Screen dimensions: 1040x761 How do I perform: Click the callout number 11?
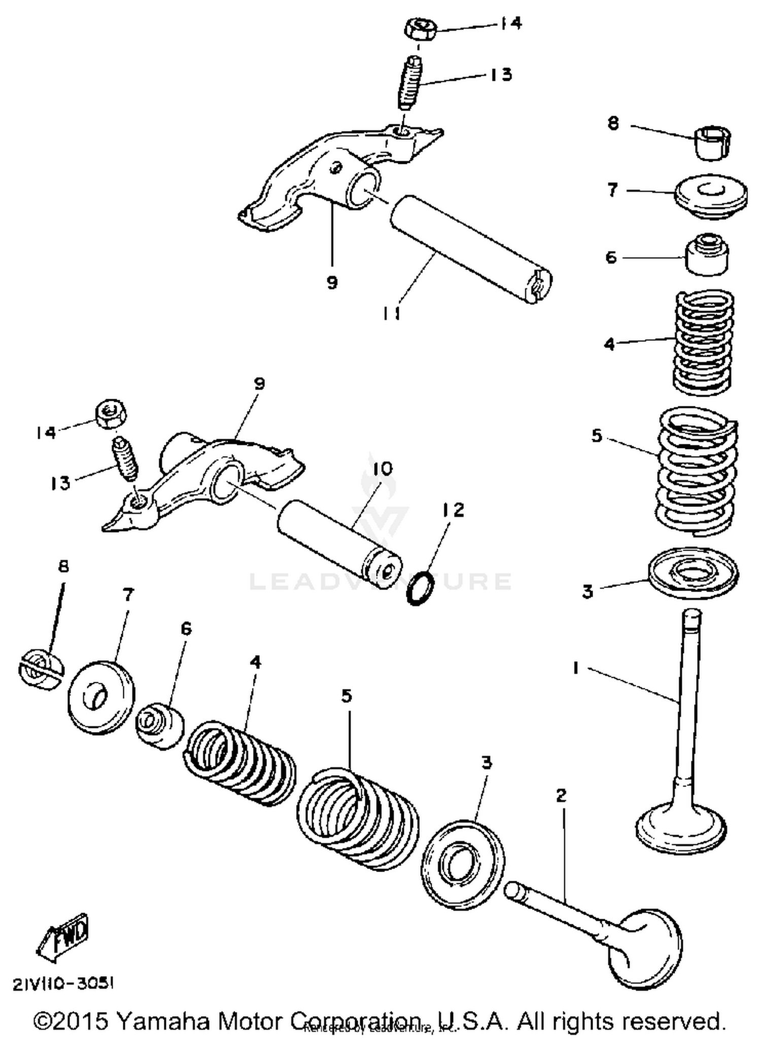click(391, 314)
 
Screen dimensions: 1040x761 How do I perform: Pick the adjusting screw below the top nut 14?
click(412, 83)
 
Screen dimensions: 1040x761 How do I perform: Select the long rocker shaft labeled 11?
click(469, 249)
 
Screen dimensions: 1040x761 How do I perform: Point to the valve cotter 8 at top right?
click(713, 143)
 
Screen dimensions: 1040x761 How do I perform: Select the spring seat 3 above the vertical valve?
click(693, 572)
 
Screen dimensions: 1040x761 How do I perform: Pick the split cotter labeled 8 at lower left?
click(42, 671)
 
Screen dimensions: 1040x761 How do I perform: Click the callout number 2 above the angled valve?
click(561, 795)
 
